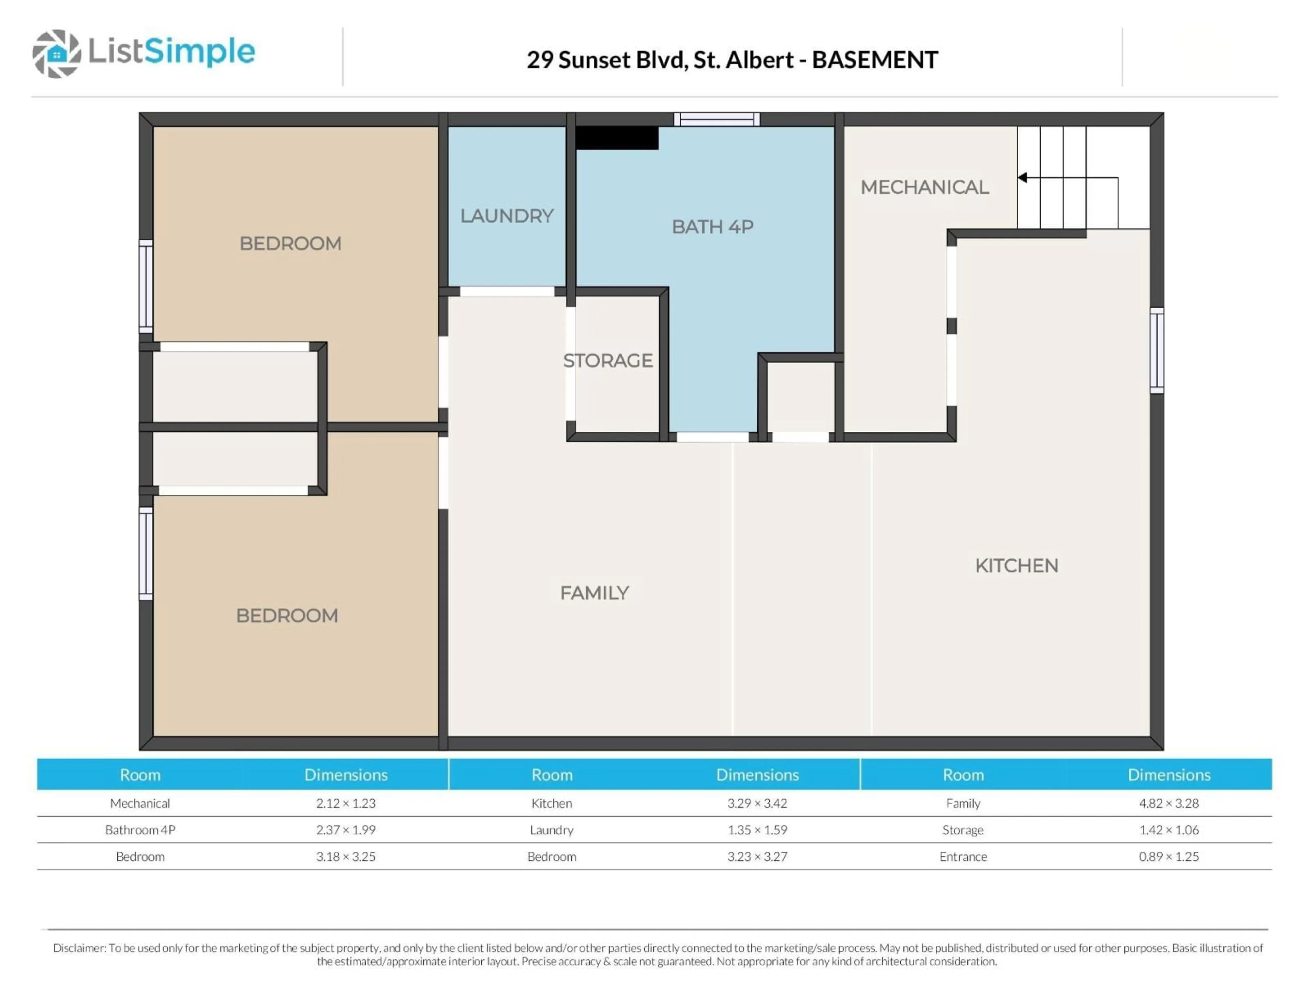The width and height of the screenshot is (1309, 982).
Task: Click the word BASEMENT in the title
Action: [875, 60]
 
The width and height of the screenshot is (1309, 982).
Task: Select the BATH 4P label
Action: [712, 227]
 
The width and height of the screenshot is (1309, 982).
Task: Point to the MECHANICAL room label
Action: [924, 188]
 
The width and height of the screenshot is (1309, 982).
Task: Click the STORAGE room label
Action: [608, 360]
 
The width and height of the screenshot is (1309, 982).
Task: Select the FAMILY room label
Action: [594, 593]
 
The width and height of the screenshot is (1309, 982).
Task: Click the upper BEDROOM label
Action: [290, 243]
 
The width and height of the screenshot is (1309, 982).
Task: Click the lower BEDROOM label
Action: [287, 615]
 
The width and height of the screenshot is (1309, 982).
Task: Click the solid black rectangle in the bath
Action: [617, 138]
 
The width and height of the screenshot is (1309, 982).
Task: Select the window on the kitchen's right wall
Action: [1156, 351]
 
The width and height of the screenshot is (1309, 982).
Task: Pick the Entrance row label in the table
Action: [963, 857]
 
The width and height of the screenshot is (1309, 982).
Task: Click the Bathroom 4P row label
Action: [140, 830]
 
